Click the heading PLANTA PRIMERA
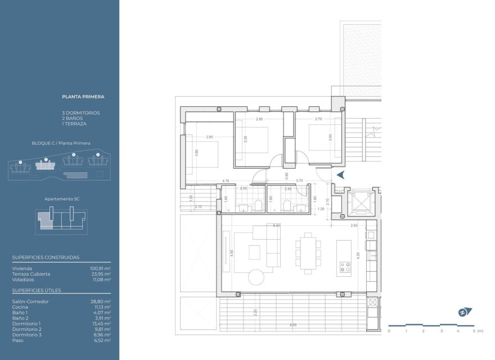83,97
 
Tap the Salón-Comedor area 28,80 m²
101,301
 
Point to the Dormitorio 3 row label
26,335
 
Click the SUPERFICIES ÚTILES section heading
37,290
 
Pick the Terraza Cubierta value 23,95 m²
100,274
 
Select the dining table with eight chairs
307,254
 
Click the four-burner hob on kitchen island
344,269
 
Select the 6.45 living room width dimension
276,225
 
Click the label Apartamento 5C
61,199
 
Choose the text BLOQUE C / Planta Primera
61,143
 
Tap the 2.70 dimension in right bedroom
318,119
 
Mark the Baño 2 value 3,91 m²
102,318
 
